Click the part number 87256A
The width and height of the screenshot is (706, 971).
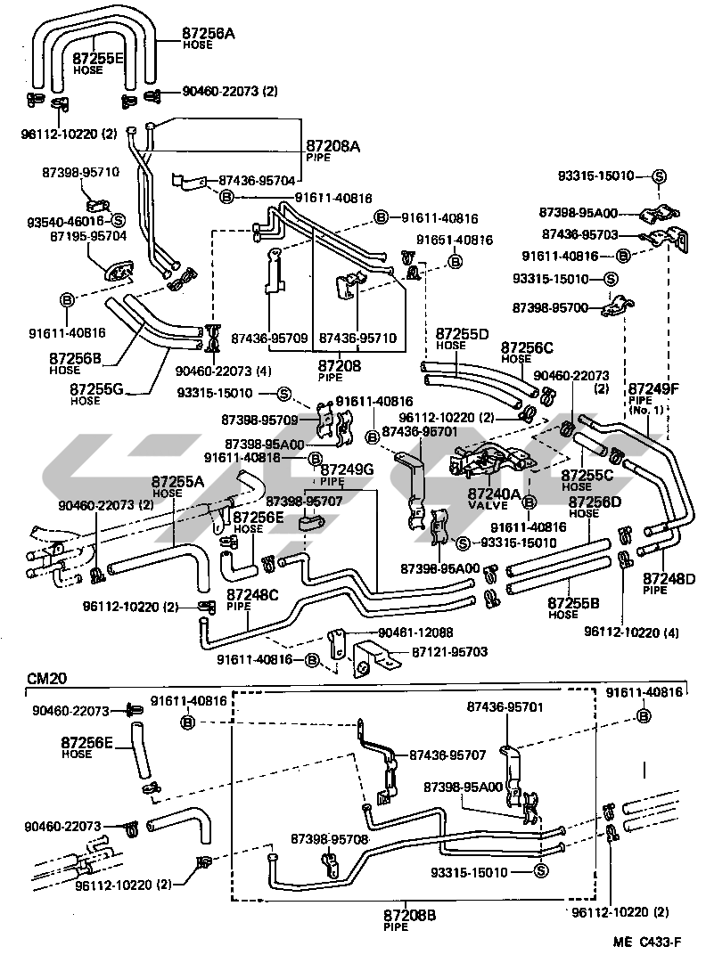[209, 33]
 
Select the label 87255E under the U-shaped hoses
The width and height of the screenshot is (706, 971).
[98, 59]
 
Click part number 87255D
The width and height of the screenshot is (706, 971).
[463, 335]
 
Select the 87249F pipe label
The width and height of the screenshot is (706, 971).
[653, 389]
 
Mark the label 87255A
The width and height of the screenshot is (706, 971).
[177, 482]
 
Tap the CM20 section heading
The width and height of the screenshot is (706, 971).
[39, 680]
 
